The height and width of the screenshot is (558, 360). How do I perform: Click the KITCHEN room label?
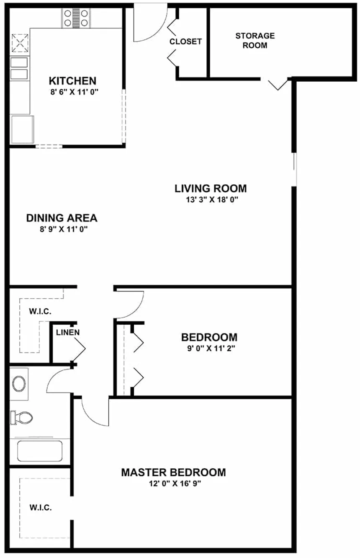pos(72,80)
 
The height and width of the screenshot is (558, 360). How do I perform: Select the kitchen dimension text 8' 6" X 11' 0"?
pos(72,92)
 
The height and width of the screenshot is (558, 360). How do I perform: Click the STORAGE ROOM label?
pos(255,40)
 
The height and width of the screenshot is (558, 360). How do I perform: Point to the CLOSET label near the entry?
pos(185,41)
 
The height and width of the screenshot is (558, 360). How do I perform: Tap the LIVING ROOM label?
pos(211,188)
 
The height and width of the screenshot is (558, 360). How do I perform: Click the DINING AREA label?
pos(62,218)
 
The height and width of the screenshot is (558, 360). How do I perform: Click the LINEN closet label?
pos(68,332)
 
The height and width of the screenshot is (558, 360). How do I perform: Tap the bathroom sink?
pos(19,383)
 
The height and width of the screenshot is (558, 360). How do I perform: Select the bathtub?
pos(39,451)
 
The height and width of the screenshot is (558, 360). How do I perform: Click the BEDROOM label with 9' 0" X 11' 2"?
pos(209,337)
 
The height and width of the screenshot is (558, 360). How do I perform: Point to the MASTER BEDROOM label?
pos(173,473)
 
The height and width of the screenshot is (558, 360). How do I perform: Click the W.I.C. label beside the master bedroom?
pos(41,508)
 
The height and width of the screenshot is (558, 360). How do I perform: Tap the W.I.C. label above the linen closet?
pos(40,311)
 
